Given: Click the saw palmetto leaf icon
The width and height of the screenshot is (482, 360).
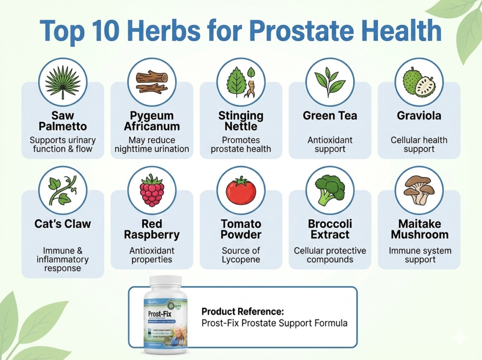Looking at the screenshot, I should click(63, 82).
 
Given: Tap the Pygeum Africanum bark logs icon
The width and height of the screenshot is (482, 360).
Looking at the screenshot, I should click(152, 82).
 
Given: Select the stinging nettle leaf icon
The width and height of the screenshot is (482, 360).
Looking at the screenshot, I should click(241, 82).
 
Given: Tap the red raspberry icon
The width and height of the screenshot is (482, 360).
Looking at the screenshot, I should click(152, 190).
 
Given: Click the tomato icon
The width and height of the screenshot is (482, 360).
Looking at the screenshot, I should click(241, 190).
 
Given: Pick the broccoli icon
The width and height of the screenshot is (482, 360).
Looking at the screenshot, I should click(329, 190).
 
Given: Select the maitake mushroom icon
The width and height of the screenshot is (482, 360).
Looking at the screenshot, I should click(419, 190).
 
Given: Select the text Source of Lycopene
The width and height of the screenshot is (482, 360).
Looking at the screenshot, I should click(241, 255).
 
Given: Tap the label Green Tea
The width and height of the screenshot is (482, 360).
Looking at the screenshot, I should click(329, 116).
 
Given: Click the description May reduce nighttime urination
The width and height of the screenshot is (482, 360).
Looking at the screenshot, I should click(152, 144).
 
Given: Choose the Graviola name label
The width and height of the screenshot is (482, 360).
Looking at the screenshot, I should click(419, 116).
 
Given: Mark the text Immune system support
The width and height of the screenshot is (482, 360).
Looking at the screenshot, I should click(419, 255).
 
